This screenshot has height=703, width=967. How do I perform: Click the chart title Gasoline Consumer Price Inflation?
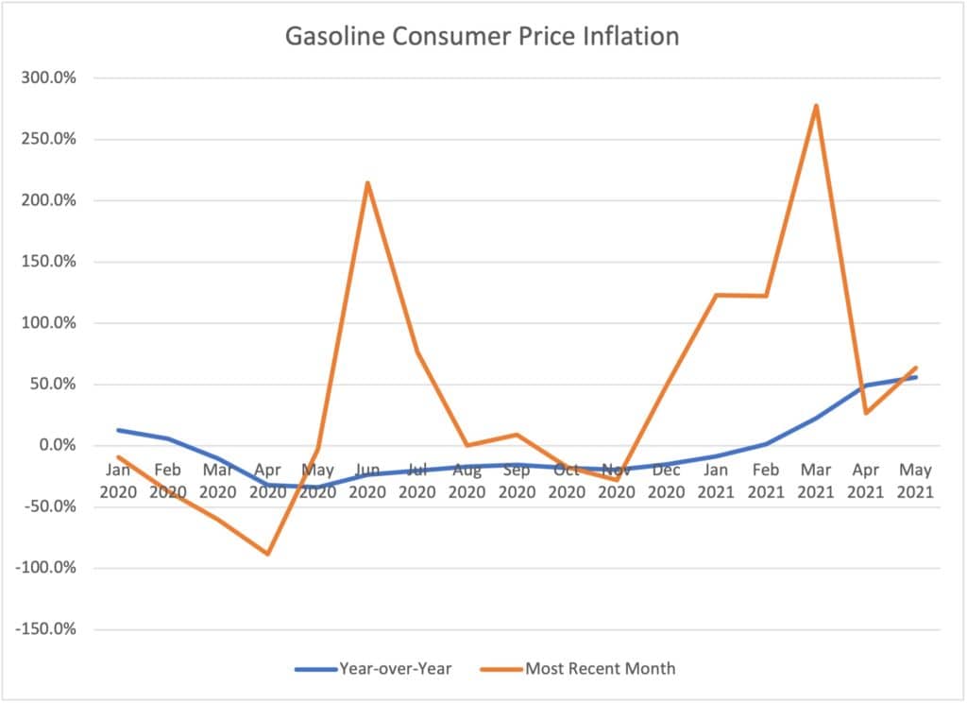click(x=483, y=37)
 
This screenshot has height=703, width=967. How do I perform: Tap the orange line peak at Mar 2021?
click(x=815, y=105)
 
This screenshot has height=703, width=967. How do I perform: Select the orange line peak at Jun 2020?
click(x=367, y=182)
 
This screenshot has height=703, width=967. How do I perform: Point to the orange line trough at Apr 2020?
click(x=267, y=554)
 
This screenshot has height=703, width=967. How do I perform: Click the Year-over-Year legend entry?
click(x=374, y=669)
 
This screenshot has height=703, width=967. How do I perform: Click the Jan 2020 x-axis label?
click(x=118, y=481)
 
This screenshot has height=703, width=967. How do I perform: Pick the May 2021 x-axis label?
click(x=914, y=481)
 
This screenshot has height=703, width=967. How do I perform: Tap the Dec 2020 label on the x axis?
click(x=666, y=481)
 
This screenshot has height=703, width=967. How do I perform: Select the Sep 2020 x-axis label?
click(x=516, y=481)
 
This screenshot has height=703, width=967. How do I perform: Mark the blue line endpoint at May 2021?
click(x=914, y=377)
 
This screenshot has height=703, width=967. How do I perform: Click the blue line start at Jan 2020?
click(x=118, y=430)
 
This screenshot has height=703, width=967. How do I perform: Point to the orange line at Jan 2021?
click(x=716, y=295)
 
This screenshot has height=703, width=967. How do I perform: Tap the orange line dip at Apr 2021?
click(x=865, y=413)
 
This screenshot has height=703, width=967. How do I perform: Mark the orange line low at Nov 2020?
click(x=616, y=480)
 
